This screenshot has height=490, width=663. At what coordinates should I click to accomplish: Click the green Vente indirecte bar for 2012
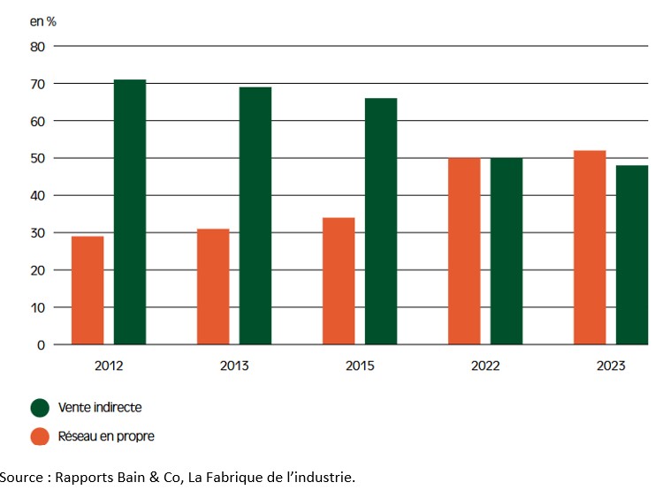click(130, 212)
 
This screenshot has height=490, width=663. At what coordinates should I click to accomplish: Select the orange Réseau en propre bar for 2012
click(88, 290)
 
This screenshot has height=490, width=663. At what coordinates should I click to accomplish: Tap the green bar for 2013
click(255, 215)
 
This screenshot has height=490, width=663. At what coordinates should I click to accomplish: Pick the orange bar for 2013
click(213, 287)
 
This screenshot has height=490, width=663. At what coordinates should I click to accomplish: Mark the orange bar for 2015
click(339, 281)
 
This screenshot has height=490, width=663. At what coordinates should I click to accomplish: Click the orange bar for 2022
click(464, 251)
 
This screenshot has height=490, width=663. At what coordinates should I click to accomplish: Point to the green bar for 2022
click(507, 251)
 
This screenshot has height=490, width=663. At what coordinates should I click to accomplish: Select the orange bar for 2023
click(590, 247)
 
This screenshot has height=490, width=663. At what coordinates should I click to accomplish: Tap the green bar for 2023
click(632, 255)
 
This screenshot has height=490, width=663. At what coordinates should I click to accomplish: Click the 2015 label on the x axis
click(360, 366)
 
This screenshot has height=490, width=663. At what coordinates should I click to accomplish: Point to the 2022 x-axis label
click(485, 366)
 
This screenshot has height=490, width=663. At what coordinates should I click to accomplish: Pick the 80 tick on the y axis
click(37, 46)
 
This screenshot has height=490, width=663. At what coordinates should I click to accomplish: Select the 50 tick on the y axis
click(37, 158)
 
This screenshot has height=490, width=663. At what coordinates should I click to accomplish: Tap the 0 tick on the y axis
click(41, 345)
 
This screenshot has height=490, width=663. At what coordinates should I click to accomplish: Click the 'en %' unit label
click(43, 19)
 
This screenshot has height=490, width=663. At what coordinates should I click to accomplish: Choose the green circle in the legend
click(40, 407)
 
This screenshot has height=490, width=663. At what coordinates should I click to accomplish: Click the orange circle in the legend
click(40, 435)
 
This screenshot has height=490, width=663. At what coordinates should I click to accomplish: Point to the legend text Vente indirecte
click(99, 407)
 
